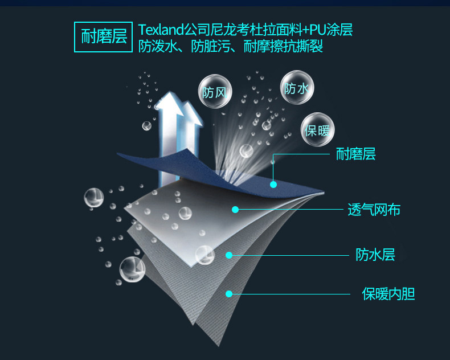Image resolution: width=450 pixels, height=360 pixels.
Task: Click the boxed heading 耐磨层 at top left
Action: [104, 38]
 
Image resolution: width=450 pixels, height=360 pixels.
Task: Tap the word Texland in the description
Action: [159, 29]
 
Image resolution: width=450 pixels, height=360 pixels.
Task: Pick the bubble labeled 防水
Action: [297, 87]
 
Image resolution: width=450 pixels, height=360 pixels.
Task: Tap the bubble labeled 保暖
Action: [317, 130]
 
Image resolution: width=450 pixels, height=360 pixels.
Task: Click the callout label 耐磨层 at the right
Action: [355, 154]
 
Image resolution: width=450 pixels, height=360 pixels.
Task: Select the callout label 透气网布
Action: [374, 210]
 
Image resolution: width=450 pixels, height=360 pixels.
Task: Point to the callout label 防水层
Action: [375, 255]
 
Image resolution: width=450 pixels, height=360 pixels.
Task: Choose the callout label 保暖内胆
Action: [388, 294]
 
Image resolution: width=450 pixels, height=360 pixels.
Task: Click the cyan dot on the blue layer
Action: [273, 184]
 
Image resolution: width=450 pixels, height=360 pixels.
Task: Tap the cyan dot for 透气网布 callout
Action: [235, 210]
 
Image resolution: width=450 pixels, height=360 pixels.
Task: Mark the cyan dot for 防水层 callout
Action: [229, 255]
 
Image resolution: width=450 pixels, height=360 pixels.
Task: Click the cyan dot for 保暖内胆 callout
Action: [229, 294]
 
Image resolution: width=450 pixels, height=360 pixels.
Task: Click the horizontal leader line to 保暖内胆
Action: [291, 294]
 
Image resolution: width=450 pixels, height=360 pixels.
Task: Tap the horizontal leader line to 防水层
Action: [291, 255]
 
